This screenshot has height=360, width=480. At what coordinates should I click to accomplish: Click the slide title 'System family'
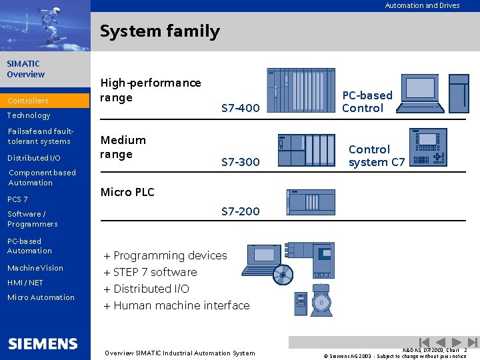tap(159, 31)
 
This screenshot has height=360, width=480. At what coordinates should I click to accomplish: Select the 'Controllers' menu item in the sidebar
tap(28, 101)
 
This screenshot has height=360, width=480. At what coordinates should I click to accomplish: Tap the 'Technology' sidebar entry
tap(29, 115)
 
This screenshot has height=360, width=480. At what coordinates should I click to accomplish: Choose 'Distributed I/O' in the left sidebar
tap(33, 158)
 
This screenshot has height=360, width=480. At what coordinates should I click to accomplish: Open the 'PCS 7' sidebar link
tap(17, 199)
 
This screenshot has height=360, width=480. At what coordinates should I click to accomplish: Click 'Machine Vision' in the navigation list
tap(35, 268)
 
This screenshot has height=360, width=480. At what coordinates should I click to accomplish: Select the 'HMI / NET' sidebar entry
tap(25, 283)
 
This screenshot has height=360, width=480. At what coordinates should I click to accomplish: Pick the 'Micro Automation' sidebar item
tap(41, 297)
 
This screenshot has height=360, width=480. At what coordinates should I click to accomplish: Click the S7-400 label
tap(240, 108)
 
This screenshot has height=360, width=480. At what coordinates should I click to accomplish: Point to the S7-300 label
tap(240, 162)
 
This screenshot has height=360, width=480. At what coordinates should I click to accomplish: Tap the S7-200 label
tap(240, 211)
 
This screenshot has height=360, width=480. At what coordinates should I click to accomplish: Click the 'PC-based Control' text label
tap(367, 101)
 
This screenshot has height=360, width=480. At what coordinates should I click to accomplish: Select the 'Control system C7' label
tap(376, 155)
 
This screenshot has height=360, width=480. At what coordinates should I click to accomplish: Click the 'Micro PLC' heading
tap(127, 192)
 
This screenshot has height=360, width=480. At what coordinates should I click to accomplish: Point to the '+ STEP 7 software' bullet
tap(150, 272)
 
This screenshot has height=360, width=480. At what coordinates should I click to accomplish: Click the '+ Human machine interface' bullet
tap(177, 305)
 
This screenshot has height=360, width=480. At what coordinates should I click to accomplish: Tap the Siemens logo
tap(43, 344)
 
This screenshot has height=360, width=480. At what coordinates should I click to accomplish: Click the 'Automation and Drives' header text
tap(422, 5)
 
